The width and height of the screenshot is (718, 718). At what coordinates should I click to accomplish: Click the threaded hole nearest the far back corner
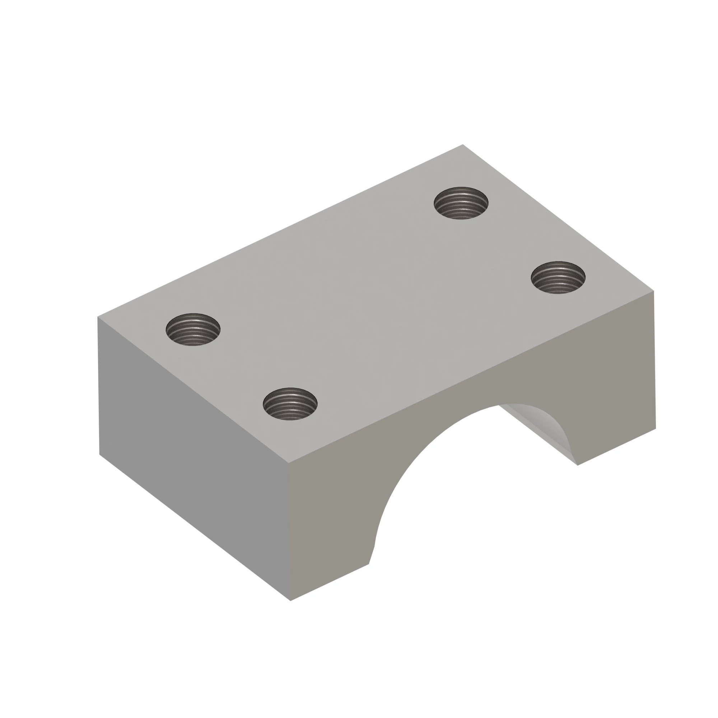click(x=461, y=203)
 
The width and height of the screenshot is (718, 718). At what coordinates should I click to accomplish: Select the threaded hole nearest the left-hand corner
click(x=193, y=329)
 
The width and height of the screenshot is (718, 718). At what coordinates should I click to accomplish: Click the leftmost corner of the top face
click(x=98, y=317)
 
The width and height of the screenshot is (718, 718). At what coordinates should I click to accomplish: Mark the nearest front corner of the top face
click(x=289, y=463)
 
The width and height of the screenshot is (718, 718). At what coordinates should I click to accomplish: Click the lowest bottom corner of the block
click(x=290, y=601)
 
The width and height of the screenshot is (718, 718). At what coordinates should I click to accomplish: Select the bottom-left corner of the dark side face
click(x=99, y=454)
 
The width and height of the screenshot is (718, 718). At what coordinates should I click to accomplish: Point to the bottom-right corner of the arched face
click(x=656, y=429)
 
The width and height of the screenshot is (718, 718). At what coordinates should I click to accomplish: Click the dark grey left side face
click(x=193, y=457)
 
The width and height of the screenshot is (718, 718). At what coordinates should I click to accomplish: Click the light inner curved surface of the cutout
click(x=546, y=427)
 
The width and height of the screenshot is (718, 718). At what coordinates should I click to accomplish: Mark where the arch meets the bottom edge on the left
click(x=369, y=564)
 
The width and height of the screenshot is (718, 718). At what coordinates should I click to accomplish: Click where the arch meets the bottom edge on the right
click(x=577, y=465)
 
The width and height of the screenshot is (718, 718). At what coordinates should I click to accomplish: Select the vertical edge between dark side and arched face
click(x=289, y=531)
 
